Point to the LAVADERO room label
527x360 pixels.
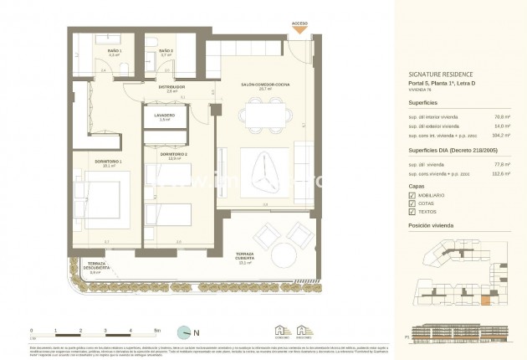164,116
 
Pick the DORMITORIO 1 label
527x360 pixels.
107,162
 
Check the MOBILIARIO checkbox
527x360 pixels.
412,194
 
